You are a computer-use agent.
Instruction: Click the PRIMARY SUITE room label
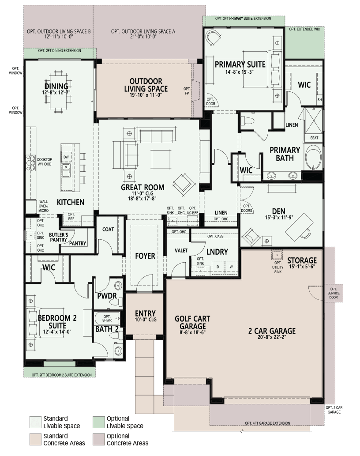pos(240,64)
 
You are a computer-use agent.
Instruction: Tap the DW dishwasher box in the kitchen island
pos(66,157)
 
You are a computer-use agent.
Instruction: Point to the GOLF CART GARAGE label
pos(192,322)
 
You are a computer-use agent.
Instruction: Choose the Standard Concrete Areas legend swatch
pos(35,439)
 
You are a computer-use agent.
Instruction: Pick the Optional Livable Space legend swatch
pos(98,422)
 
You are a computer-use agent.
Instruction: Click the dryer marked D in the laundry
pos(217,267)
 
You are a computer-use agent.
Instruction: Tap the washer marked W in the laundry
pos(231,267)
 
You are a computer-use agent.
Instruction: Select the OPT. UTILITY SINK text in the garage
pos(278,267)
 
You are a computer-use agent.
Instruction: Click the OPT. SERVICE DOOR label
pos(333,293)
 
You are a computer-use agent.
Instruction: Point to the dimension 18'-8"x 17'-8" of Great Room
pos(142,199)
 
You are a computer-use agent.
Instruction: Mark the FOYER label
pos(145,256)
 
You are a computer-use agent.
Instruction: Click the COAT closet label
pos(108,230)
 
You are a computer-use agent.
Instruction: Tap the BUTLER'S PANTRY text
pos(59,237)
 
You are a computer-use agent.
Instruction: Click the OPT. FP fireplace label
pos(187,91)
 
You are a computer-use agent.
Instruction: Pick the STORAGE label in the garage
pos(302,260)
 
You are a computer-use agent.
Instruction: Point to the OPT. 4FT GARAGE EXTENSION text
pos(267,423)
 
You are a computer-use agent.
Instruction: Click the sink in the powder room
pos(118,286)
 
